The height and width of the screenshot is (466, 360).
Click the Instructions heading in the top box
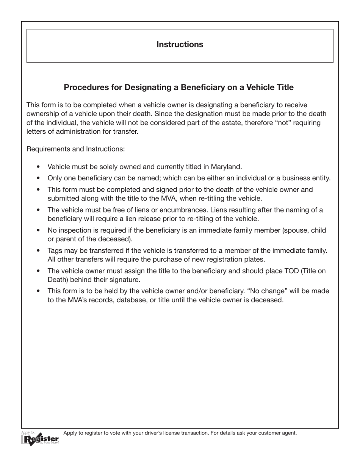(x=180, y=44)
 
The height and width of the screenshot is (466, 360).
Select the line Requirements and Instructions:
(x=75, y=149)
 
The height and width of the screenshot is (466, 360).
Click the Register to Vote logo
(x=40, y=438)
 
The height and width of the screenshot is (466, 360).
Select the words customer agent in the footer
(x=278, y=433)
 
